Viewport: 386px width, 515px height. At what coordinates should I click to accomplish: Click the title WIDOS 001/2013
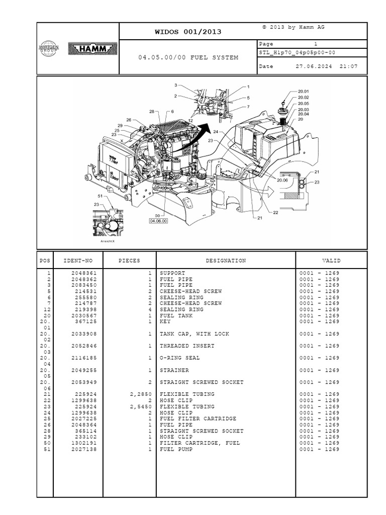187,32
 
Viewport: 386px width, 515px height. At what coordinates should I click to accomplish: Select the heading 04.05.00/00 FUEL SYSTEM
188,57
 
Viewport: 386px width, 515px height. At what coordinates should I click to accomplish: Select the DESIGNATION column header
226,261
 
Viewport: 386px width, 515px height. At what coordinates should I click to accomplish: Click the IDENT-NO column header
78,261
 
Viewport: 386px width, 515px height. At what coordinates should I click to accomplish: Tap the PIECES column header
129,261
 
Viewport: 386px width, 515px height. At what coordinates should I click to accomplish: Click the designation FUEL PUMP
176,449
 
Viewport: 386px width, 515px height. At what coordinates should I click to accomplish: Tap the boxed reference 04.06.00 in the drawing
158,220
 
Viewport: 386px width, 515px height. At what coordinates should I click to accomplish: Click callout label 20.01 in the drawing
303,92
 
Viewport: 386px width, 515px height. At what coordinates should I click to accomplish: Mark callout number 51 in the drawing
100,196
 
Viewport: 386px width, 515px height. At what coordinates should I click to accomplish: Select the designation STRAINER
174,370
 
